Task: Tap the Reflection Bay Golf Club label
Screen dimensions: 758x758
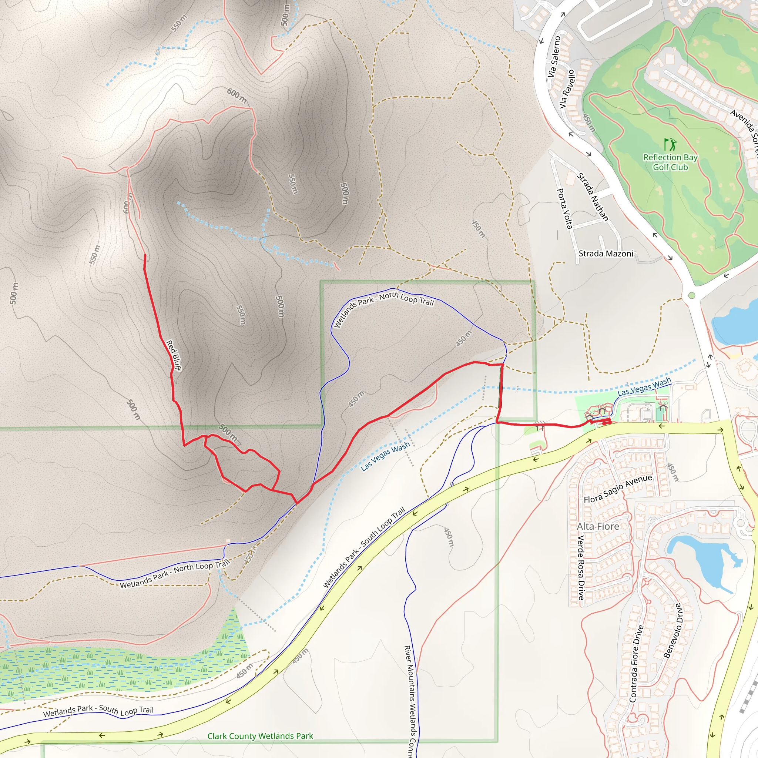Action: tap(670, 162)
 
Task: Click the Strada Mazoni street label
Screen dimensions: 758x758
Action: tap(606, 254)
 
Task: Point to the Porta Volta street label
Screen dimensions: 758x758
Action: tap(564, 208)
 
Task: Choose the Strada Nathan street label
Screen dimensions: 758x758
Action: tap(593, 197)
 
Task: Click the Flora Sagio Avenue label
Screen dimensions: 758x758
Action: tap(618, 489)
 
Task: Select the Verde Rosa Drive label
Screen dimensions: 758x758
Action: tap(581, 567)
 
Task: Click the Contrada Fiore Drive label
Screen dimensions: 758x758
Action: tap(636, 663)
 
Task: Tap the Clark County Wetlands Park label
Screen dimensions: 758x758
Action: tap(260, 736)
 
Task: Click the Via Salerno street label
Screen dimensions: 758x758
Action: tap(554, 57)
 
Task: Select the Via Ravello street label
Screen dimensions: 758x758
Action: tap(567, 89)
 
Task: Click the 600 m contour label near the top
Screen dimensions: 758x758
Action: tap(237, 95)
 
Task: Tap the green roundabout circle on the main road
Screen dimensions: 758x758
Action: tap(692, 295)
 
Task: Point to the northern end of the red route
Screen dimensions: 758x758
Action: tap(145, 255)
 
